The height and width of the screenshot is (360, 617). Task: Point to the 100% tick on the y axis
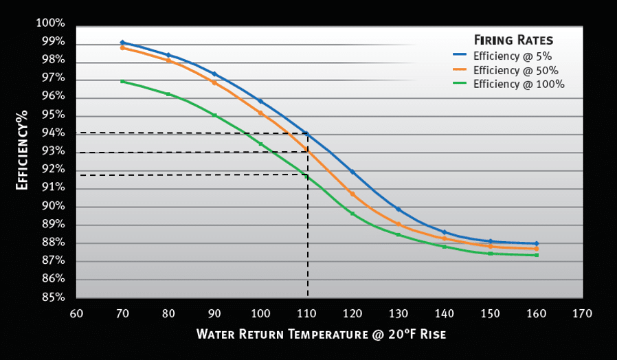(52, 24)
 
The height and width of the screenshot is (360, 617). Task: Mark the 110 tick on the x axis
(306, 313)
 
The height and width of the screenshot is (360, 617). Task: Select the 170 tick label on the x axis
(582, 313)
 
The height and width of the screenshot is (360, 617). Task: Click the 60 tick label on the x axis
(76, 313)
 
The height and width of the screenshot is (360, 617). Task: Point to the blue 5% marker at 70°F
(122, 43)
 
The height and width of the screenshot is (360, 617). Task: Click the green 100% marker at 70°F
(122, 81)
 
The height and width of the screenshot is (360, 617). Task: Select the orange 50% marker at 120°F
(352, 194)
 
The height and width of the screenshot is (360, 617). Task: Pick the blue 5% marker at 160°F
(537, 243)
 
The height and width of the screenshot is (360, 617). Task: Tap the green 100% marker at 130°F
(399, 235)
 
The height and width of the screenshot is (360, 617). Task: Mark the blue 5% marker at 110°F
(306, 134)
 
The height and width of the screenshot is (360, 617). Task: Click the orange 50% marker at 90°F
(214, 82)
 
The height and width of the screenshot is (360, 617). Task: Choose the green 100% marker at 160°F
(537, 255)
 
